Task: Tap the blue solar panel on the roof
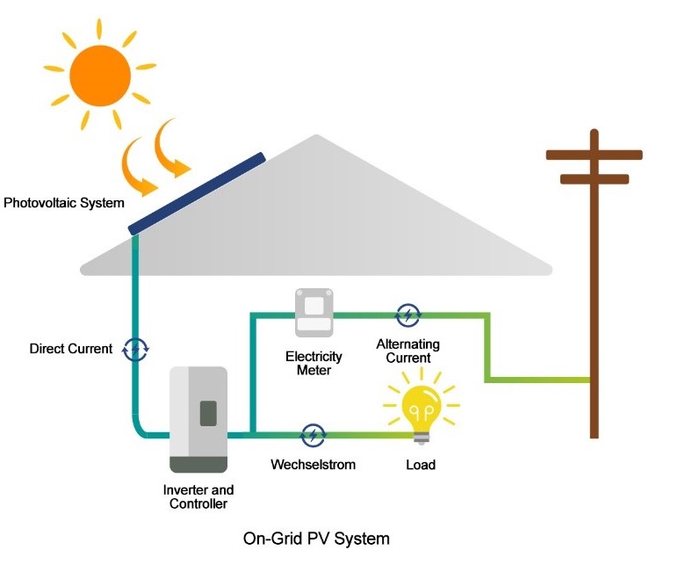[x=197, y=193]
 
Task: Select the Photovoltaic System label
[x=64, y=203]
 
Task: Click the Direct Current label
[x=71, y=349]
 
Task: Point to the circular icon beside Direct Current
[x=135, y=349]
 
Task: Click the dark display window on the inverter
[x=208, y=413]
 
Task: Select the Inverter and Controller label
[x=198, y=496]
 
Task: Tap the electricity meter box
[x=314, y=314]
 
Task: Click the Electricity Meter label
[x=314, y=364]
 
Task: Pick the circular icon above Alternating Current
[x=408, y=314]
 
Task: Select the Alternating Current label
[x=408, y=351]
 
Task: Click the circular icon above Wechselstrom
[x=313, y=434]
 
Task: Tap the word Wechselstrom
[x=314, y=463]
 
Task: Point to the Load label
[x=421, y=464]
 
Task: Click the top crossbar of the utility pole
[x=594, y=155]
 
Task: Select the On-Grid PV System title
[x=316, y=538]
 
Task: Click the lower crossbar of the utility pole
[x=594, y=179]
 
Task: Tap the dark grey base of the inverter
[x=198, y=464]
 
